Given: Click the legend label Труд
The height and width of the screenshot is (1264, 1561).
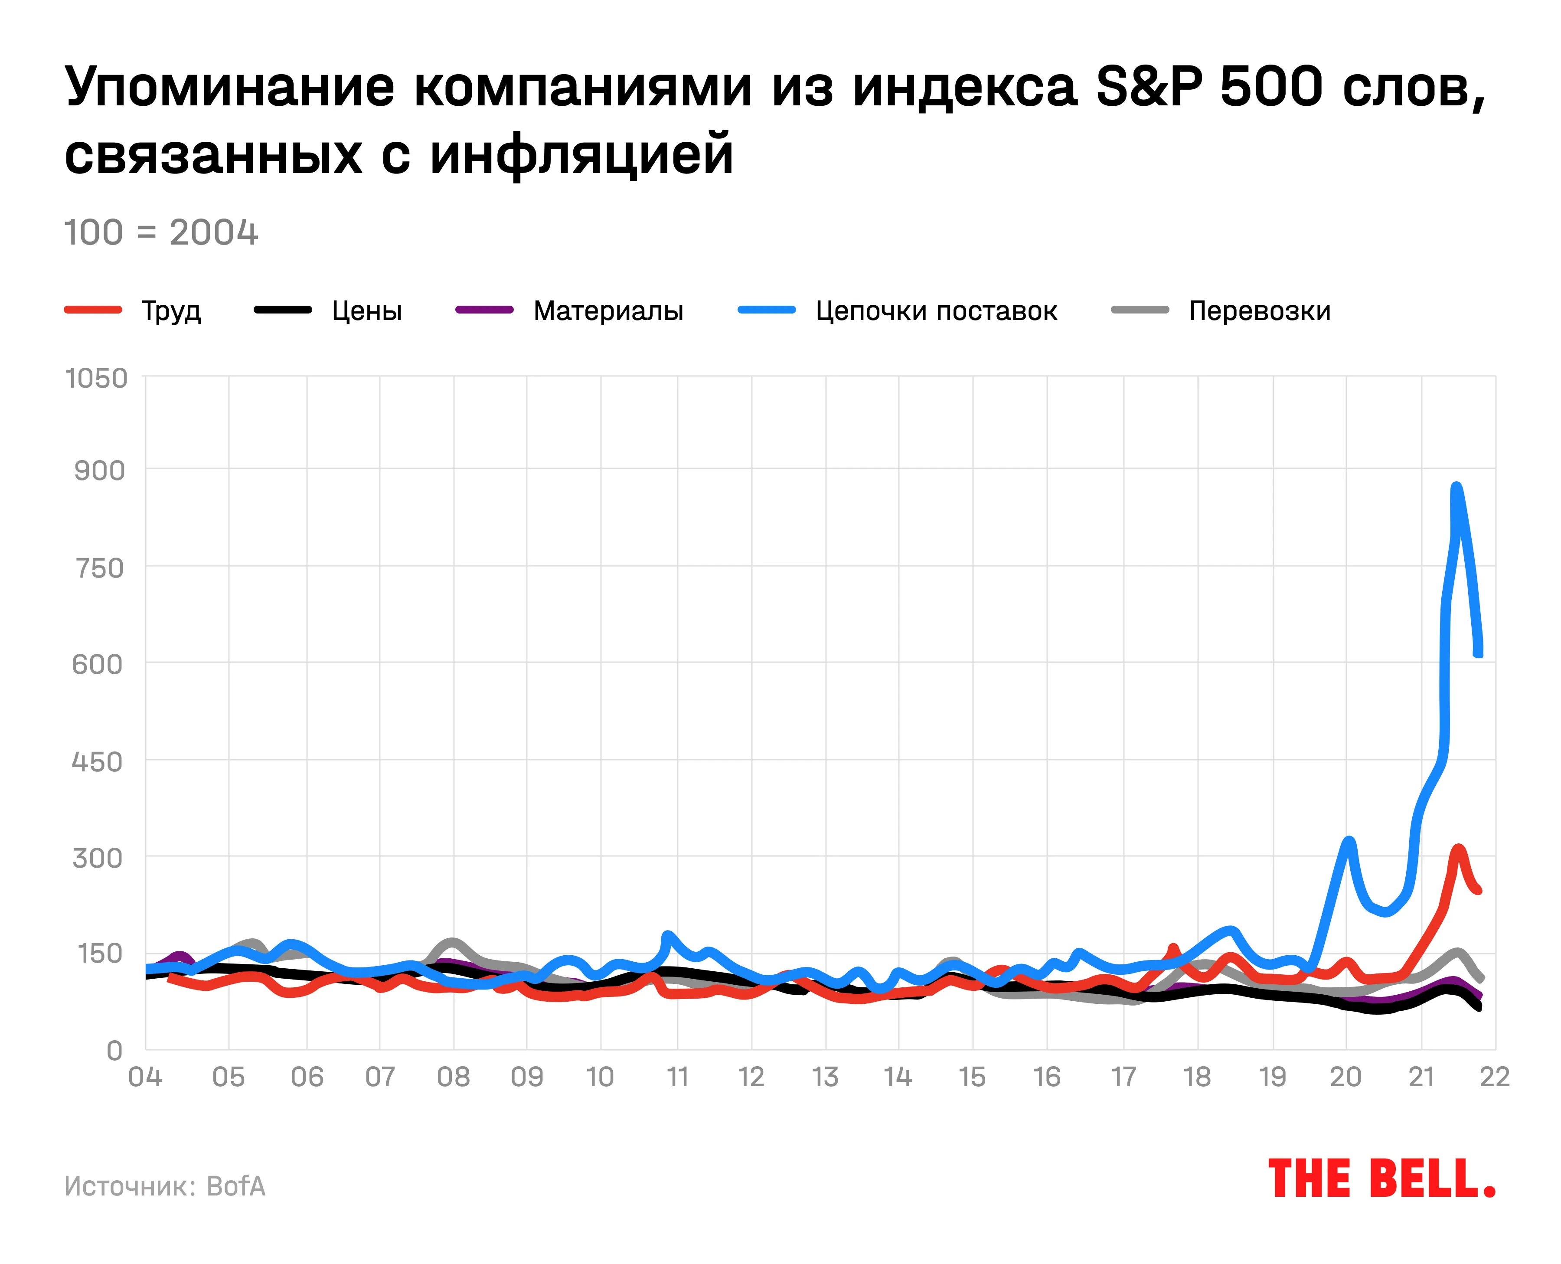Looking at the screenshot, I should [171, 311].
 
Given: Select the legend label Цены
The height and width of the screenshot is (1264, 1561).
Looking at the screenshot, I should [367, 311].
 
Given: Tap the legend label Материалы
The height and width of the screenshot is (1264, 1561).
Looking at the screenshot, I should [608, 311].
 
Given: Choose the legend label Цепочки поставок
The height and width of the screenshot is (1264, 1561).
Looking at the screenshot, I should [936, 311].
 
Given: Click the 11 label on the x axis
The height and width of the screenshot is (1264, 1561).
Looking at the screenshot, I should [677, 1076].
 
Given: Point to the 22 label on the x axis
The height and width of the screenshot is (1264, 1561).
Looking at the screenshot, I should [1495, 1076].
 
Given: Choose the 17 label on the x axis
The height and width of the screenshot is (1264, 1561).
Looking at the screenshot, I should [1123, 1076].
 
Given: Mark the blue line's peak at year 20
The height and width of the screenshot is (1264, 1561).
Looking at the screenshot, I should [1349, 841].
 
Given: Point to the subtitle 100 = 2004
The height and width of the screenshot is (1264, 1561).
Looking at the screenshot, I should [161, 233].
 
